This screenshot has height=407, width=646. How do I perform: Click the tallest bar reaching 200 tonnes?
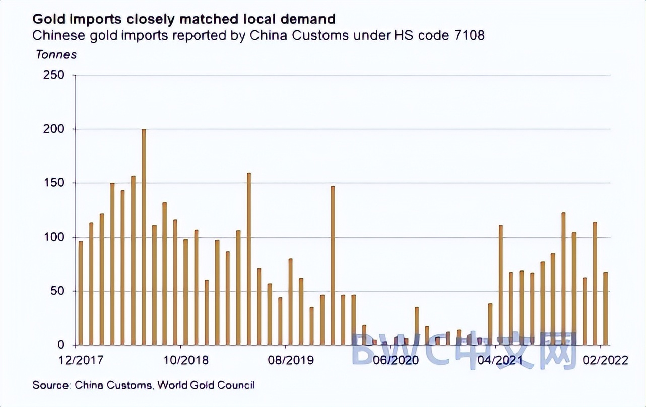click(x=144, y=237)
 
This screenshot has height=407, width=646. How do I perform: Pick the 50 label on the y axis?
click(x=59, y=291)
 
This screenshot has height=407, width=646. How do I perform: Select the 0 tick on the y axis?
click(x=62, y=345)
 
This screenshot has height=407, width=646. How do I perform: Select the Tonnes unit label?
click(x=56, y=54)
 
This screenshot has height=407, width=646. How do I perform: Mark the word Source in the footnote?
click(x=51, y=385)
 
